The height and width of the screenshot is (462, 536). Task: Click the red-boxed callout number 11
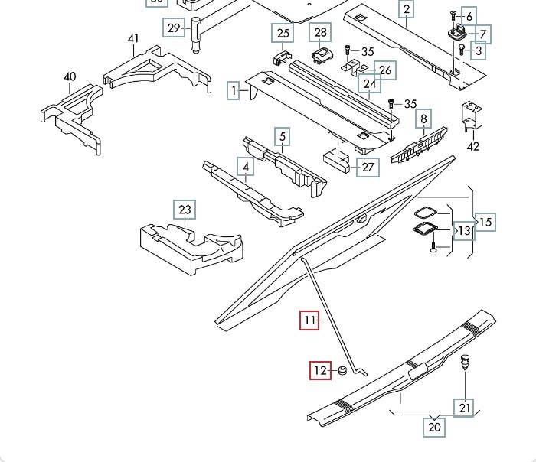tap(309, 320)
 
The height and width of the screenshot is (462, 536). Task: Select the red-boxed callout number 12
tap(320, 372)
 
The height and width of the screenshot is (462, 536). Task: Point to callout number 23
tap(185, 210)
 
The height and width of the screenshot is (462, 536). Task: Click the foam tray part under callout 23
tap(191, 245)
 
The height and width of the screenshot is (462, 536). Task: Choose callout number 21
tap(465, 408)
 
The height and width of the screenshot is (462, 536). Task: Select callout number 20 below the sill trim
tap(435, 427)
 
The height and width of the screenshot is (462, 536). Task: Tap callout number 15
tap(486, 222)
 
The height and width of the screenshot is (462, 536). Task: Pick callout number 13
tap(465, 229)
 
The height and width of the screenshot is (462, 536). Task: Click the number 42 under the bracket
tap(473, 147)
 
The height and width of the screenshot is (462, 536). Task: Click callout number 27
tap(368, 167)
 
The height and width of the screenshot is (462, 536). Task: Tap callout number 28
tap(320, 32)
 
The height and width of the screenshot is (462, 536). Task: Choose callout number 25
tap(283, 34)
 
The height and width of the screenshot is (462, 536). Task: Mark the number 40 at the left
tap(70, 77)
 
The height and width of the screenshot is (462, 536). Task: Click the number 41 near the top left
tap(133, 39)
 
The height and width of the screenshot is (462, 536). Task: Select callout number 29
tap(174, 28)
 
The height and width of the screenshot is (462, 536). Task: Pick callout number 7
tap(485, 34)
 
